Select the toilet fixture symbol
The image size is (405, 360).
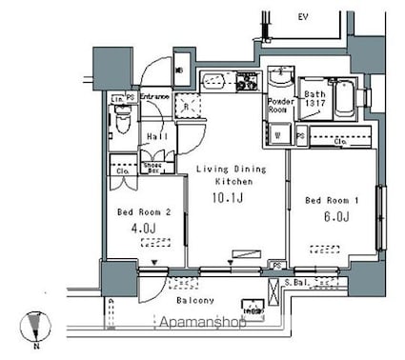click(x=121, y=121)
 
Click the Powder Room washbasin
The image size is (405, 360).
click(x=279, y=79)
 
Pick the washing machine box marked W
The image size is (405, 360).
click(x=277, y=134)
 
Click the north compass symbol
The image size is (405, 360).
click(x=36, y=327)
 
